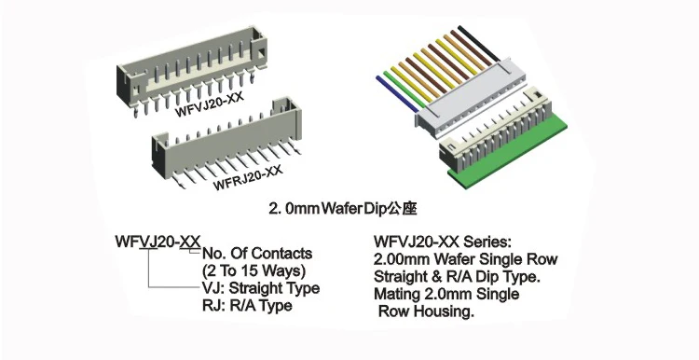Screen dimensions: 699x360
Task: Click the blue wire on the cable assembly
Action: (387, 85)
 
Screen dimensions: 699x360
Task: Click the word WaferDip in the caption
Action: (355, 205)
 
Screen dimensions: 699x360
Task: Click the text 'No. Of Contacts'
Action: (257, 254)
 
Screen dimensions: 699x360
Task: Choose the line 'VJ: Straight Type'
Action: (261, 288)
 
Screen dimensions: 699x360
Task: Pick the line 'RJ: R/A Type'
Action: (246, 306)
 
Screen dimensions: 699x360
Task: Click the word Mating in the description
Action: (398, 294)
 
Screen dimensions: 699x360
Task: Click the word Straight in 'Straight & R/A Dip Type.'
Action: (403, 276)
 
